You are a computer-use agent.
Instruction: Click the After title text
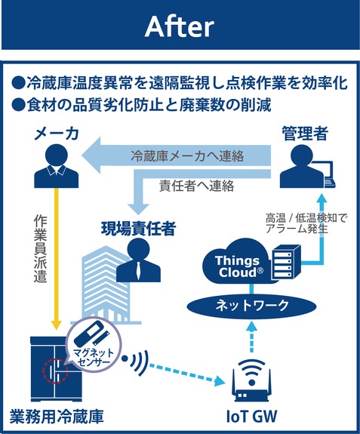coord(180,26)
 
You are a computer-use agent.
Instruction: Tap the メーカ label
coord(57,134)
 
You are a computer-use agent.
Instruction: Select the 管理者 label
coord(305,134)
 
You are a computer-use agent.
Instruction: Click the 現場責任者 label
coord(138,229)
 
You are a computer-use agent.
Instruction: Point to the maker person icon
coord(57,166)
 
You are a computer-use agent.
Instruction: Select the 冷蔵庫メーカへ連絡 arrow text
coord(187,156)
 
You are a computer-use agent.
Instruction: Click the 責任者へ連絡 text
coord(197,186)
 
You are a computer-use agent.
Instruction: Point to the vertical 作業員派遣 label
coord(41,248)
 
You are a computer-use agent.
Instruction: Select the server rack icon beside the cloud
coord(285,262)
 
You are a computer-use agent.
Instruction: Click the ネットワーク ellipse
coord(252,306)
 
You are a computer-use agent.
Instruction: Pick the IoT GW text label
coord(251,417)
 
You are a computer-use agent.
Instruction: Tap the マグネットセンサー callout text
coord(94,357)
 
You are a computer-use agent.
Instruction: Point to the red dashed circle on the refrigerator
coord(55,371)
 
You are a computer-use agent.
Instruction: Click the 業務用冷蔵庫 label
coord(57,417)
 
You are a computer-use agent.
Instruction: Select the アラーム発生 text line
coord(297,229)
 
